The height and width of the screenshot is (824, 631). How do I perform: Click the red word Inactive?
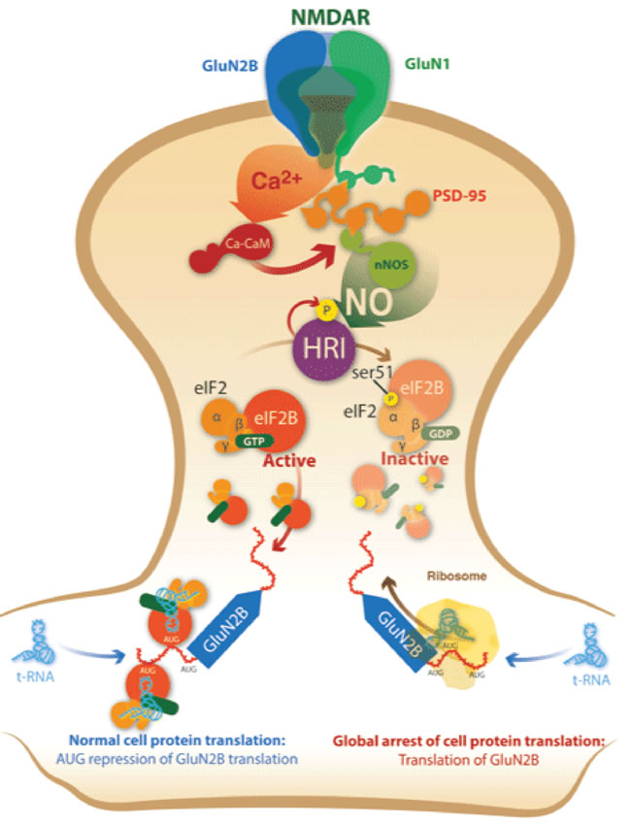tap(415, 457)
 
